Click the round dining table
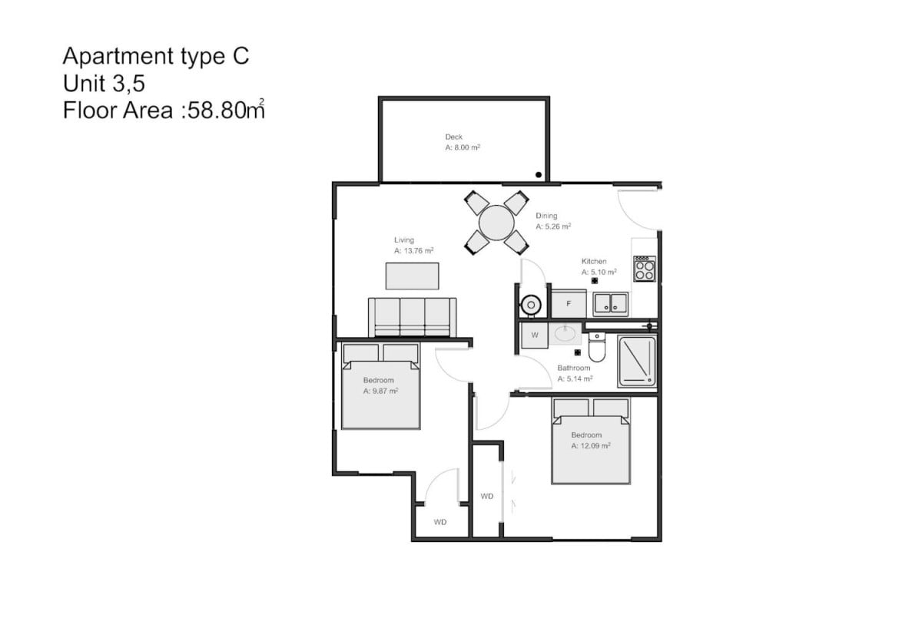click(x=496, y=223)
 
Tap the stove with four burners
click(x=644, y=269)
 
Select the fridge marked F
click(x=569, y=303)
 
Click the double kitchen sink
click(x=610, y=304)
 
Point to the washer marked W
click(x=535, y=335)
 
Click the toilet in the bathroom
click(x=597, y=347)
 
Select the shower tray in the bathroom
click(x=637, y=362)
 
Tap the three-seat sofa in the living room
click(x=412, y=318)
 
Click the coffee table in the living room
click(x=412, y=276)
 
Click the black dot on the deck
click(x=539, y=175)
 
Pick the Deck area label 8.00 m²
click(x=463, y=147)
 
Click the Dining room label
click(x=546, y=216)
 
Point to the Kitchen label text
click(x=594, y=261)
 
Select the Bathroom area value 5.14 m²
click(x=575, y=379)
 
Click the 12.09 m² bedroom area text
click(x=591, y=446)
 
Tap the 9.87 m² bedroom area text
click(x=380, y=391)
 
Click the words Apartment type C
click(x=156, y=56)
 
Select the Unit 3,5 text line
click(x=104, y=84)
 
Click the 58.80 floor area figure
click(x=217, y=111)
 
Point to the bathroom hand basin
click(x=565, y=334)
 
